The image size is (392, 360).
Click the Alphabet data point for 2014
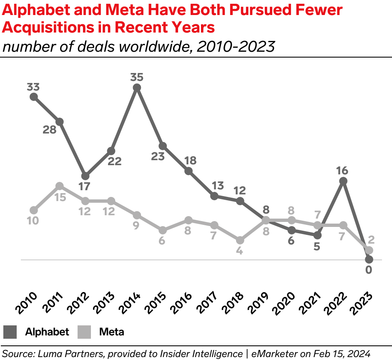[x=137, y=87]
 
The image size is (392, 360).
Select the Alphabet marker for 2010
[x=34, y=97]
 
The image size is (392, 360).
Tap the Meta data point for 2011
[x=60, y=186]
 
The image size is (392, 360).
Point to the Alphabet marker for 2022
[x=343, y=181]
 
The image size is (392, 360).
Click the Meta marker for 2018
[x=240, y=240]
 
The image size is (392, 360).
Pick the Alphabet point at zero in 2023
[x=369, y=259]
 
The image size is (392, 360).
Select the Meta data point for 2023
[x=369, y=250]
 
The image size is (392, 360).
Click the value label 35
[x=137, y=77]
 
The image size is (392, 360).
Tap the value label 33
[x=34, y=87]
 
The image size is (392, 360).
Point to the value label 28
[x=50, y=130]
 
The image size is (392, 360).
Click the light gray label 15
[x=60, y=197]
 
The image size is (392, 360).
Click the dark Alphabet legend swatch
[x=10, y=332]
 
